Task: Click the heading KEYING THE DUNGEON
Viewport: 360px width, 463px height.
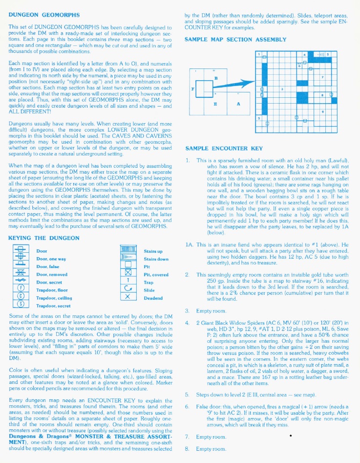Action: click(44, 238)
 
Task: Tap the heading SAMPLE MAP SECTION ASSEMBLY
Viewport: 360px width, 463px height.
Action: click(235, 39)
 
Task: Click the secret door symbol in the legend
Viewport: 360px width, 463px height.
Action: click(21, 282)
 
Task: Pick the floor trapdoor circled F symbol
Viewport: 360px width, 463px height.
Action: click(21, 290)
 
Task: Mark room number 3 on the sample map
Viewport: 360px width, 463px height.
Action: click(283, 89)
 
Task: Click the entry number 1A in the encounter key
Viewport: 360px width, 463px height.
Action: click(188, 244)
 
